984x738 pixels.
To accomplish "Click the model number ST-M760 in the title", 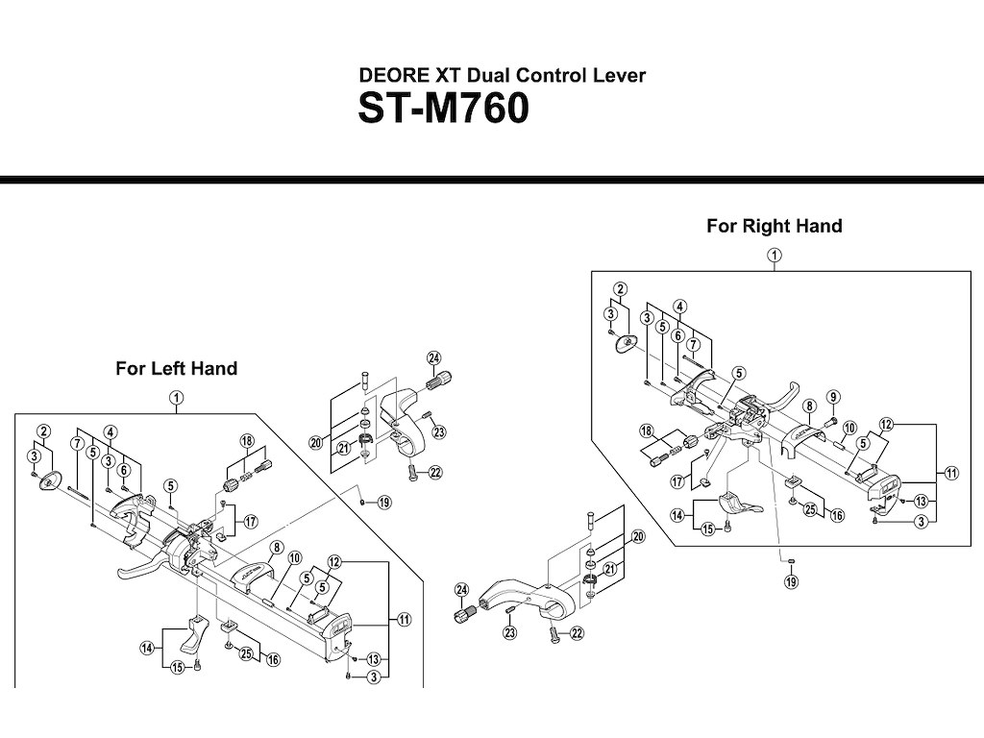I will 443,109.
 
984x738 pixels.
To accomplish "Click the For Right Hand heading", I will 774,226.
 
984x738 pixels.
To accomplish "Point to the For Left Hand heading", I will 176,368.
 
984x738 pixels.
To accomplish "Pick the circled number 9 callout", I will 833,397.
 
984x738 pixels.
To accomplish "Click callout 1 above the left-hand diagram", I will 176,396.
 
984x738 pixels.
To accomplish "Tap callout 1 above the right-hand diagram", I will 774,255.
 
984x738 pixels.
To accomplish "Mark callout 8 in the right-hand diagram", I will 809,406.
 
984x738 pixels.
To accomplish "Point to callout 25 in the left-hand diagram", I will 246,654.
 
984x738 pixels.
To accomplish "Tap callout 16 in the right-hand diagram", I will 837,516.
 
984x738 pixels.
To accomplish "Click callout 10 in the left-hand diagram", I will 294,557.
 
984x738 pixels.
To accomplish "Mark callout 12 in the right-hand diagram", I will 886,424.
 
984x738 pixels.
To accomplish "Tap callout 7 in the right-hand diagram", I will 692,344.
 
